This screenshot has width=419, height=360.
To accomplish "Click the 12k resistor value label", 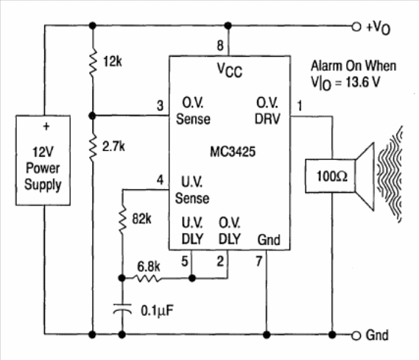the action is tap(113, 62).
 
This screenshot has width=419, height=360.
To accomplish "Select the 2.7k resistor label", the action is tap(113, 147).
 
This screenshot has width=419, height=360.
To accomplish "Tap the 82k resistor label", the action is tap(141, 219).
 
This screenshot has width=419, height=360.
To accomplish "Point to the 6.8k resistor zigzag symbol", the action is tap(149, 278).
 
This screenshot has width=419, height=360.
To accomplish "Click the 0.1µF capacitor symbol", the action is tap(122, 308).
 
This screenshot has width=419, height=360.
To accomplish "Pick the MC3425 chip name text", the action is tap(233, 152).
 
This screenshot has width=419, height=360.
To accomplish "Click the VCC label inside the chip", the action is tap(230, 70).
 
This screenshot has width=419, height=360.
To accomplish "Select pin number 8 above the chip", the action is tap(220, 46).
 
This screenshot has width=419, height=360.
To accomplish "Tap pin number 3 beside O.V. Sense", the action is tap(160, 105).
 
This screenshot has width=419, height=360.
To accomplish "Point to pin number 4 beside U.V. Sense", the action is tap(160, 180).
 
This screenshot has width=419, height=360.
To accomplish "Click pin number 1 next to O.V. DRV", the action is tap(300, 106).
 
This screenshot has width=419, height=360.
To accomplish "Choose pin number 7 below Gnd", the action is tap(259, 261).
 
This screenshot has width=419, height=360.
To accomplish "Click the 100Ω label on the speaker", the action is tap(332, 176).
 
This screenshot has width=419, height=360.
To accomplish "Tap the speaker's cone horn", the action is tap(365, 176).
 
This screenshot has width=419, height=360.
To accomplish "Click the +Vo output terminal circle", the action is tap(356, 27).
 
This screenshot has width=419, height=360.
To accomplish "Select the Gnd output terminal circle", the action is tap(356, 336).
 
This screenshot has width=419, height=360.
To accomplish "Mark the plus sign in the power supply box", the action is tap(46, 126).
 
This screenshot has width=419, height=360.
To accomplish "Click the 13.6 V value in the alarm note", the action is tap(362, 82).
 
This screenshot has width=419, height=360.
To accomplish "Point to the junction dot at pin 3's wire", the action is tap(92, 116).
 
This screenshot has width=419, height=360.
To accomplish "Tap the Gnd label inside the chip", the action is tap(269, 240).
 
